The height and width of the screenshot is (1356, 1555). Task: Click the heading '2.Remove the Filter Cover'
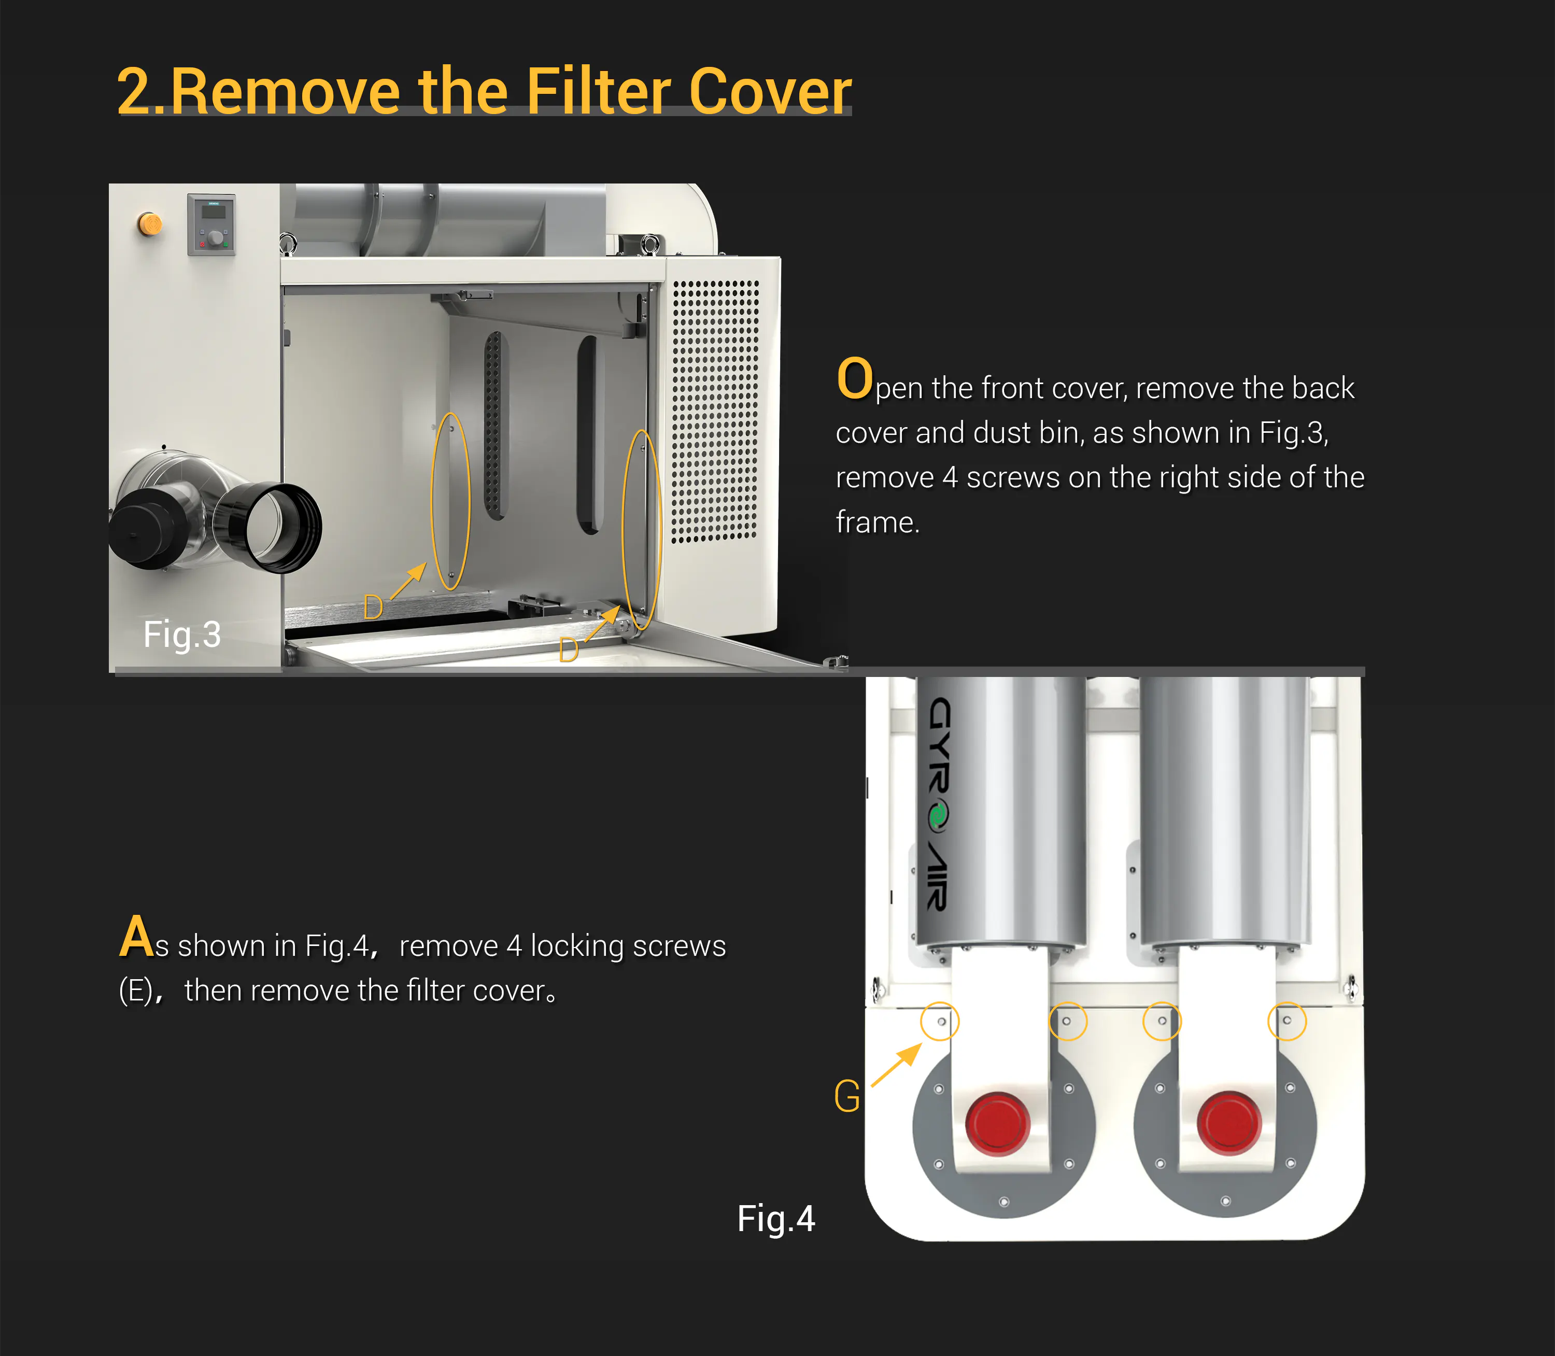[x=484, y=91]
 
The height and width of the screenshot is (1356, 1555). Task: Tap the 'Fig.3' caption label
[x=182, y=634]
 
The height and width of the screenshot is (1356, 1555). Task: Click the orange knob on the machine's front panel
[x=150, y=224]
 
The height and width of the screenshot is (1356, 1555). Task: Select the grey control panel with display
[x=211, y=225]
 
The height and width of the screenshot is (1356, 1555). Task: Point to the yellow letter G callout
[x=847, y=1096]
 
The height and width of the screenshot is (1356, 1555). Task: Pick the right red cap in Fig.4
[x=1229, y=1122]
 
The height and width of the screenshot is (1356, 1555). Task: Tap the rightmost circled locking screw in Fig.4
[x=1287, y=1020]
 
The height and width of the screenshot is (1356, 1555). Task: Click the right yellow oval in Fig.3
[x=623, y=530]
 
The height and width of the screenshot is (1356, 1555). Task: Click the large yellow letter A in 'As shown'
[x=136, y=936]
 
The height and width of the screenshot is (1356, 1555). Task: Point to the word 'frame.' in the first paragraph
[x=878, y=522]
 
